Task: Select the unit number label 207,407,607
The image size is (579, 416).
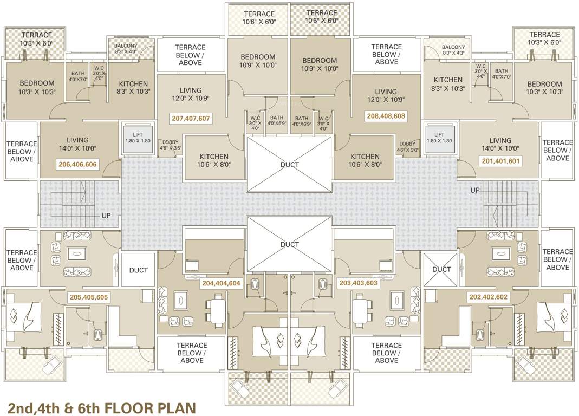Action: [x=191, y=118]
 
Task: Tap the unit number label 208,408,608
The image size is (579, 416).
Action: [x=386, y=115]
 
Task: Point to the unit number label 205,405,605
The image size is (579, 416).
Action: [x=88, y=297]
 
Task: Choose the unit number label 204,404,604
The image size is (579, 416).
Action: [x=221, y=283]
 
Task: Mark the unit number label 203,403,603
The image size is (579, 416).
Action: [x=358, y=283]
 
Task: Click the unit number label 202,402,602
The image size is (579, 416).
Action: [x=487, y=297]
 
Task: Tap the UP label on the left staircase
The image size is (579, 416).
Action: [x=106, y=215]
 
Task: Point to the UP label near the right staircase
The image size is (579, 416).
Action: [x=474, y=191]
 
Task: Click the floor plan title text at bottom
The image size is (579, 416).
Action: [x=101, y=407]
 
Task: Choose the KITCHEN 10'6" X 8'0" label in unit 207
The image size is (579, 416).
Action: [x=214, y=160]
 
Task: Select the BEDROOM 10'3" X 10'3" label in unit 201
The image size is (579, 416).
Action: [x=544, y=88]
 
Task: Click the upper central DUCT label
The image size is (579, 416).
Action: [x=290, y=165]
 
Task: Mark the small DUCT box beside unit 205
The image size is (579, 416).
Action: [x=138, y=270]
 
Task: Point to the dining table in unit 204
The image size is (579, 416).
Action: [x=218, y=312]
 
